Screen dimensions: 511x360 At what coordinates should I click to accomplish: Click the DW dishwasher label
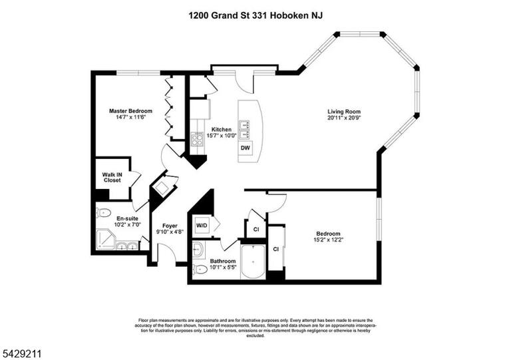[245, 148]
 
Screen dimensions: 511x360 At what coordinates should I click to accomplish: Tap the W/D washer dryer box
[202, 226]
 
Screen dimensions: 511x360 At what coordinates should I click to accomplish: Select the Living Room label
[344, 112]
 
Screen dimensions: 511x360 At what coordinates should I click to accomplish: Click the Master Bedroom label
[130, 110]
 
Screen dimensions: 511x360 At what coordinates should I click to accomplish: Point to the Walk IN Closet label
[112, 178]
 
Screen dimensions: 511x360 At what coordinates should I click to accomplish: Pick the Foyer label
[170, 226]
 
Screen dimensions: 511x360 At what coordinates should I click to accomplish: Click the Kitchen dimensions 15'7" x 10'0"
[222, 136]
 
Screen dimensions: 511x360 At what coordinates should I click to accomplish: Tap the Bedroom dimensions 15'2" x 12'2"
[329, 240]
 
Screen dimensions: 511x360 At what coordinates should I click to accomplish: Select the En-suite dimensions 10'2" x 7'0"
[128, 224]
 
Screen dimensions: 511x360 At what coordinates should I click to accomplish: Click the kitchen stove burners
[197, 140]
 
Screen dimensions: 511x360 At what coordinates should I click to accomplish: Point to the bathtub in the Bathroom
[254, 262]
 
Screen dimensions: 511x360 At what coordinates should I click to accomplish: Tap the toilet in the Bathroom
[200, 270]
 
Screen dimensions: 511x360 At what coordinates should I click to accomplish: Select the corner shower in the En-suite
[105, 240]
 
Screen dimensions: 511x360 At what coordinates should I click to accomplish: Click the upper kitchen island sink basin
[245, 125]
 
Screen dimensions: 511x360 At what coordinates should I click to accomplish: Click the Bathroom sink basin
[197, 250]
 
